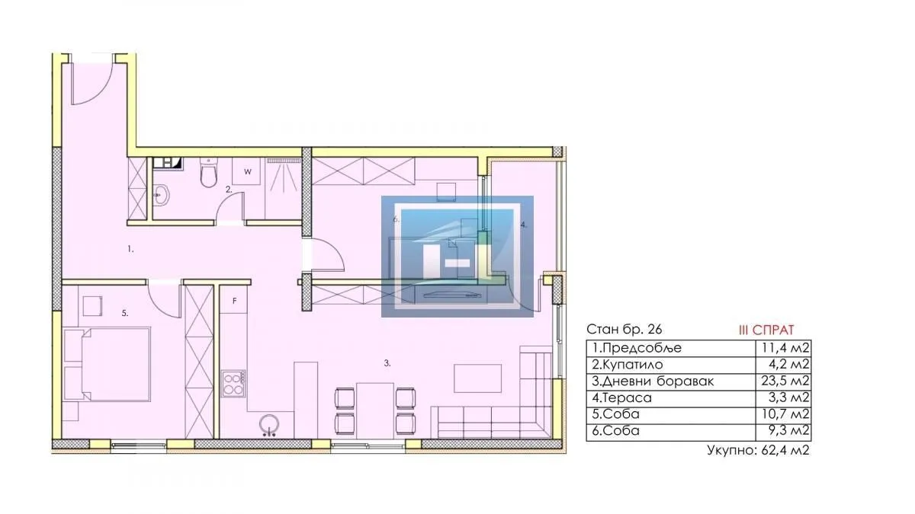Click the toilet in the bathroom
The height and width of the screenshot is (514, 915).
(207, 175)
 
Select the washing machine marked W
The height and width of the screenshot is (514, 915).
(248, 172)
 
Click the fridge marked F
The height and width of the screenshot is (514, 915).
(235, 301)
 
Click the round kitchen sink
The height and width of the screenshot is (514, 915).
(268, 423)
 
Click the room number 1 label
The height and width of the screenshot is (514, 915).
(130, 248)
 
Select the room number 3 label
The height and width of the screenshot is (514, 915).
(387, 364)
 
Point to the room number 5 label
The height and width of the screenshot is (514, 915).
(124, 313)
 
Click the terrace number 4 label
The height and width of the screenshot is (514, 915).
(524, 225)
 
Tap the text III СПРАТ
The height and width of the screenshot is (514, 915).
(766, 330)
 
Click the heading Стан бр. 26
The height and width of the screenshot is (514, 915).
(624, 330)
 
